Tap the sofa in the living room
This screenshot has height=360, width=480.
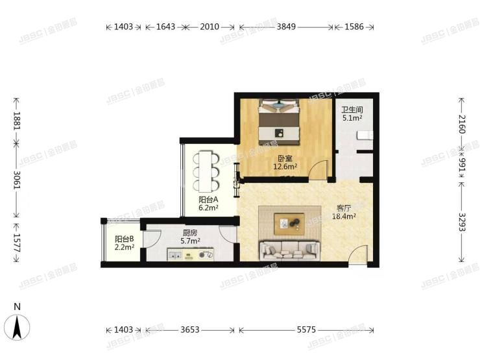pos(289,250)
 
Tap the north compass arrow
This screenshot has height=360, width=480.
pos(18,324)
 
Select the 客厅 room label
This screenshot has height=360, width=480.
pos(344,209)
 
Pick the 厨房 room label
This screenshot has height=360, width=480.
pos(190,232)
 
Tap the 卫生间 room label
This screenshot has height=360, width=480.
pos(352,110)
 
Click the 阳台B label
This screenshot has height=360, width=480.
pos(124,239)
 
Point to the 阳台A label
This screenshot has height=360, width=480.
pos(208,200)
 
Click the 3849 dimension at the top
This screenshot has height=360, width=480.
pos(286,27)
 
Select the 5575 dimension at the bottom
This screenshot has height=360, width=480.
pos(306,330)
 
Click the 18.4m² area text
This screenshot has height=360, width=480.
pos(344,217)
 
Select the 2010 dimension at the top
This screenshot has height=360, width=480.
pos(210,27)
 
